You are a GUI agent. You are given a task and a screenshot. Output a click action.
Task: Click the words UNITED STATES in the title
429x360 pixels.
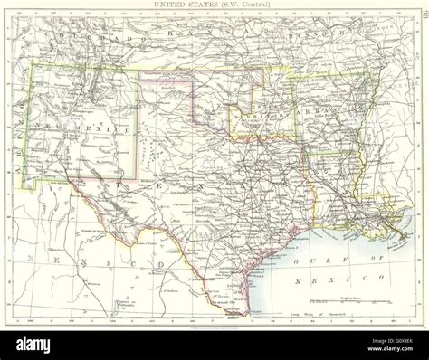pyautogui.click(x=185, y=6)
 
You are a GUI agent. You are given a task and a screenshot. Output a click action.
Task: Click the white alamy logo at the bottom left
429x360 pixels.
pyautogui.click(x=34, y=345)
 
